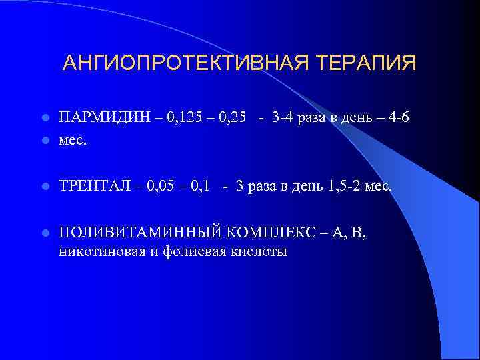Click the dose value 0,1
[x=205, y=187]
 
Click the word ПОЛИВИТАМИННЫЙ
[x=139, y=233]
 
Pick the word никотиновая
[x=99, y=252]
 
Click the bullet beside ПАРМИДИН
[x=45, y=119]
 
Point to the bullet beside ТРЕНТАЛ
[x=45, y=187]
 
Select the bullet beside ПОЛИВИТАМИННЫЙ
[x=45, y=233]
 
